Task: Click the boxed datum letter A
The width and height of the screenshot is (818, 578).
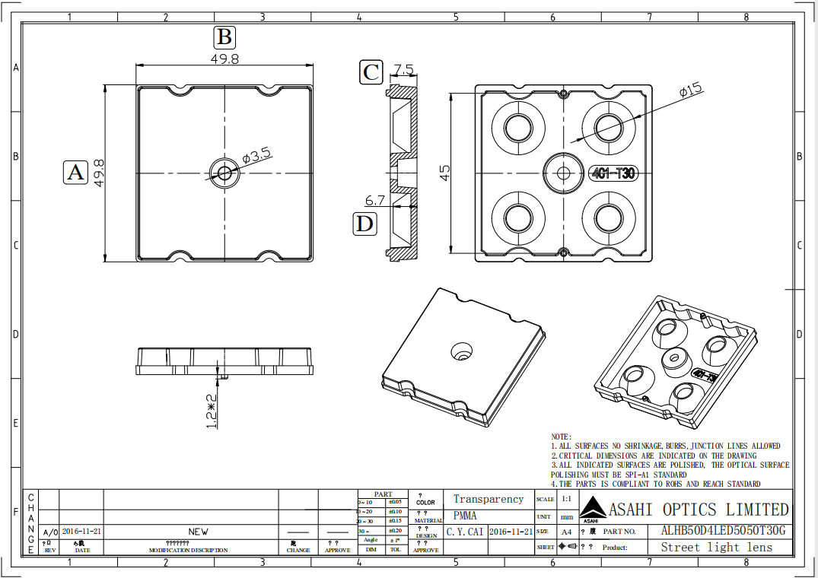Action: (x=75, y=173)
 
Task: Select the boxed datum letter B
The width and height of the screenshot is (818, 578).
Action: (x=224, y=37)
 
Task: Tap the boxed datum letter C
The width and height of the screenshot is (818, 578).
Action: (x=371, y=72)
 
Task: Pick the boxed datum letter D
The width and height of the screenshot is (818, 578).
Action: (x=366, y=224)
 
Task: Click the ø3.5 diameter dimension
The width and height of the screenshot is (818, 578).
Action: (x=257, y=157)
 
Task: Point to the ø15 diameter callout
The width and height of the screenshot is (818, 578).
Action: (x=689, y=91)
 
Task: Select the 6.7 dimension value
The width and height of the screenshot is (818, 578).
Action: (x=375, y=201)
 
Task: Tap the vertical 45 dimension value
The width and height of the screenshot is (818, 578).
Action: (x=445, y=173)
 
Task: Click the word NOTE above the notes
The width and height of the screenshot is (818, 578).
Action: (x=562, y=437)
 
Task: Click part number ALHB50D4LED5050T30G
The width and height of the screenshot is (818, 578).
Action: (x=723, y=531)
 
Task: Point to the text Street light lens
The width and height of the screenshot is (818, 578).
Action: (x=716, y=547)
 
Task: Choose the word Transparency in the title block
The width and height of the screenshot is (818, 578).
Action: (x=489, y=499)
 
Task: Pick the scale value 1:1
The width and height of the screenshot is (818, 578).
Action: (x=566, y=500)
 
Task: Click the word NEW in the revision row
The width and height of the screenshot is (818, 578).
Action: (x=198, y=532)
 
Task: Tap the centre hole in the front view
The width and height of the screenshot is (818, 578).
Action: (x=224, y=173)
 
